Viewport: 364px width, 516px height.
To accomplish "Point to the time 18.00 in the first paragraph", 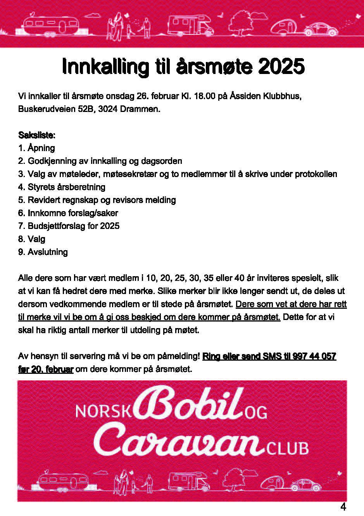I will [201, 96].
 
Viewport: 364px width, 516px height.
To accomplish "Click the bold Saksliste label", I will [37, 135].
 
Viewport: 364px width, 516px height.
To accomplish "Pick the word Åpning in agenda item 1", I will [41, 148].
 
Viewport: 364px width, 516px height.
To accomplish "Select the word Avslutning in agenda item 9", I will [48, 252].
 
